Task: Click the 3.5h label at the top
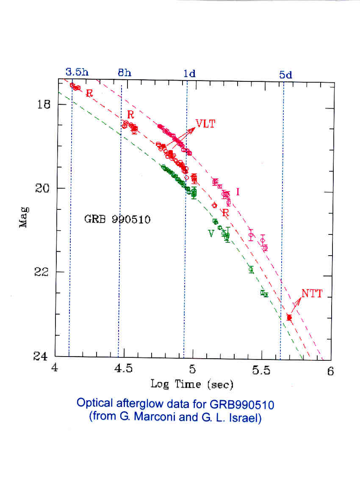coord(77,72)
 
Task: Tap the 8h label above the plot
coord(125,72)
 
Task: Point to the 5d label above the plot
coord(285,75)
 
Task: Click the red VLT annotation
coord(205,124)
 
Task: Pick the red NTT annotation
coord(313,293)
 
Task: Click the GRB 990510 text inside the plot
coord(118,220)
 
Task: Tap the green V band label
coord(210,234)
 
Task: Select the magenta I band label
coord(238,192)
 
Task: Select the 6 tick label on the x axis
coord(330,371)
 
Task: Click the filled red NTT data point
coord(289,317)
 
